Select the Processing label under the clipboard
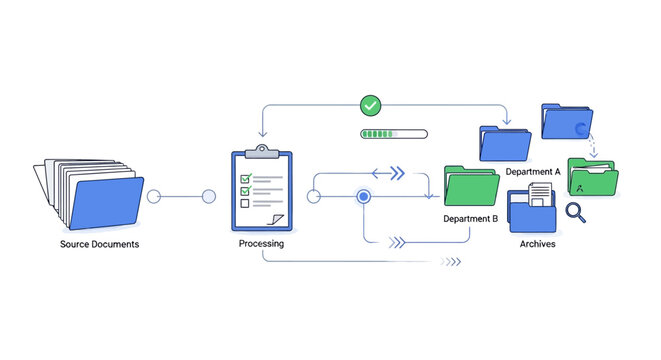point(261,244)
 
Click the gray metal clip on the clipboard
point(262,152)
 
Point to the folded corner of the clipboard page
point(279,219)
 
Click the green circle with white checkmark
point(371,105)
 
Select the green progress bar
point(393,133)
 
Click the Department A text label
point(533,172)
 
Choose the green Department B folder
point(470,185)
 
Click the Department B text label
point(470,218)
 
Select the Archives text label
point(538,244)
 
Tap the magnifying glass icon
point(575,211)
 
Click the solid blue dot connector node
point(364,197)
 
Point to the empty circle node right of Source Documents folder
point(154,197)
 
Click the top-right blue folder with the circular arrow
point(565,122)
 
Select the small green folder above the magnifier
point(592,177)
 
